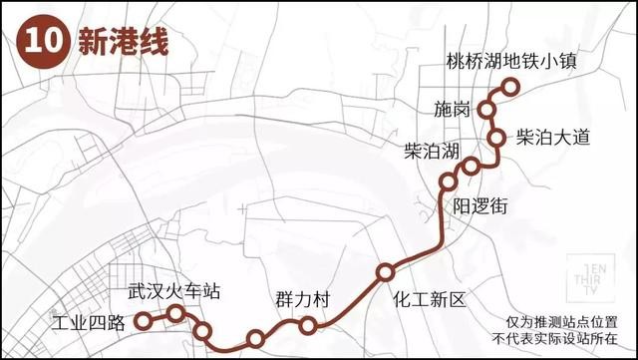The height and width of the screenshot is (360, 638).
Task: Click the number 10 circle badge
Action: [40, 45]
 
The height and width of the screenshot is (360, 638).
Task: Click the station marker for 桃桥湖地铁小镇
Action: [510, 87]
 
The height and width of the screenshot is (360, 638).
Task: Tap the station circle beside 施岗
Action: [489, 109]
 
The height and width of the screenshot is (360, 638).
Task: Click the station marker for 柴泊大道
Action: [496, 139]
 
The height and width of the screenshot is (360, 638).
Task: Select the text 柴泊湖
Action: [432, 152]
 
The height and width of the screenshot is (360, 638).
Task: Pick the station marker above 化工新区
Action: [385, 272]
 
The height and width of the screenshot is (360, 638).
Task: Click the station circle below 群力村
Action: [308, 324]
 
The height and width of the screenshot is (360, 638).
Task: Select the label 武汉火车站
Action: [173, 292]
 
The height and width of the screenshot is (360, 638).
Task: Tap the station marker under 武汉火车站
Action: [176, 314]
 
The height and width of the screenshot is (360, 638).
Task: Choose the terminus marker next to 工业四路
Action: [143, 321]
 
